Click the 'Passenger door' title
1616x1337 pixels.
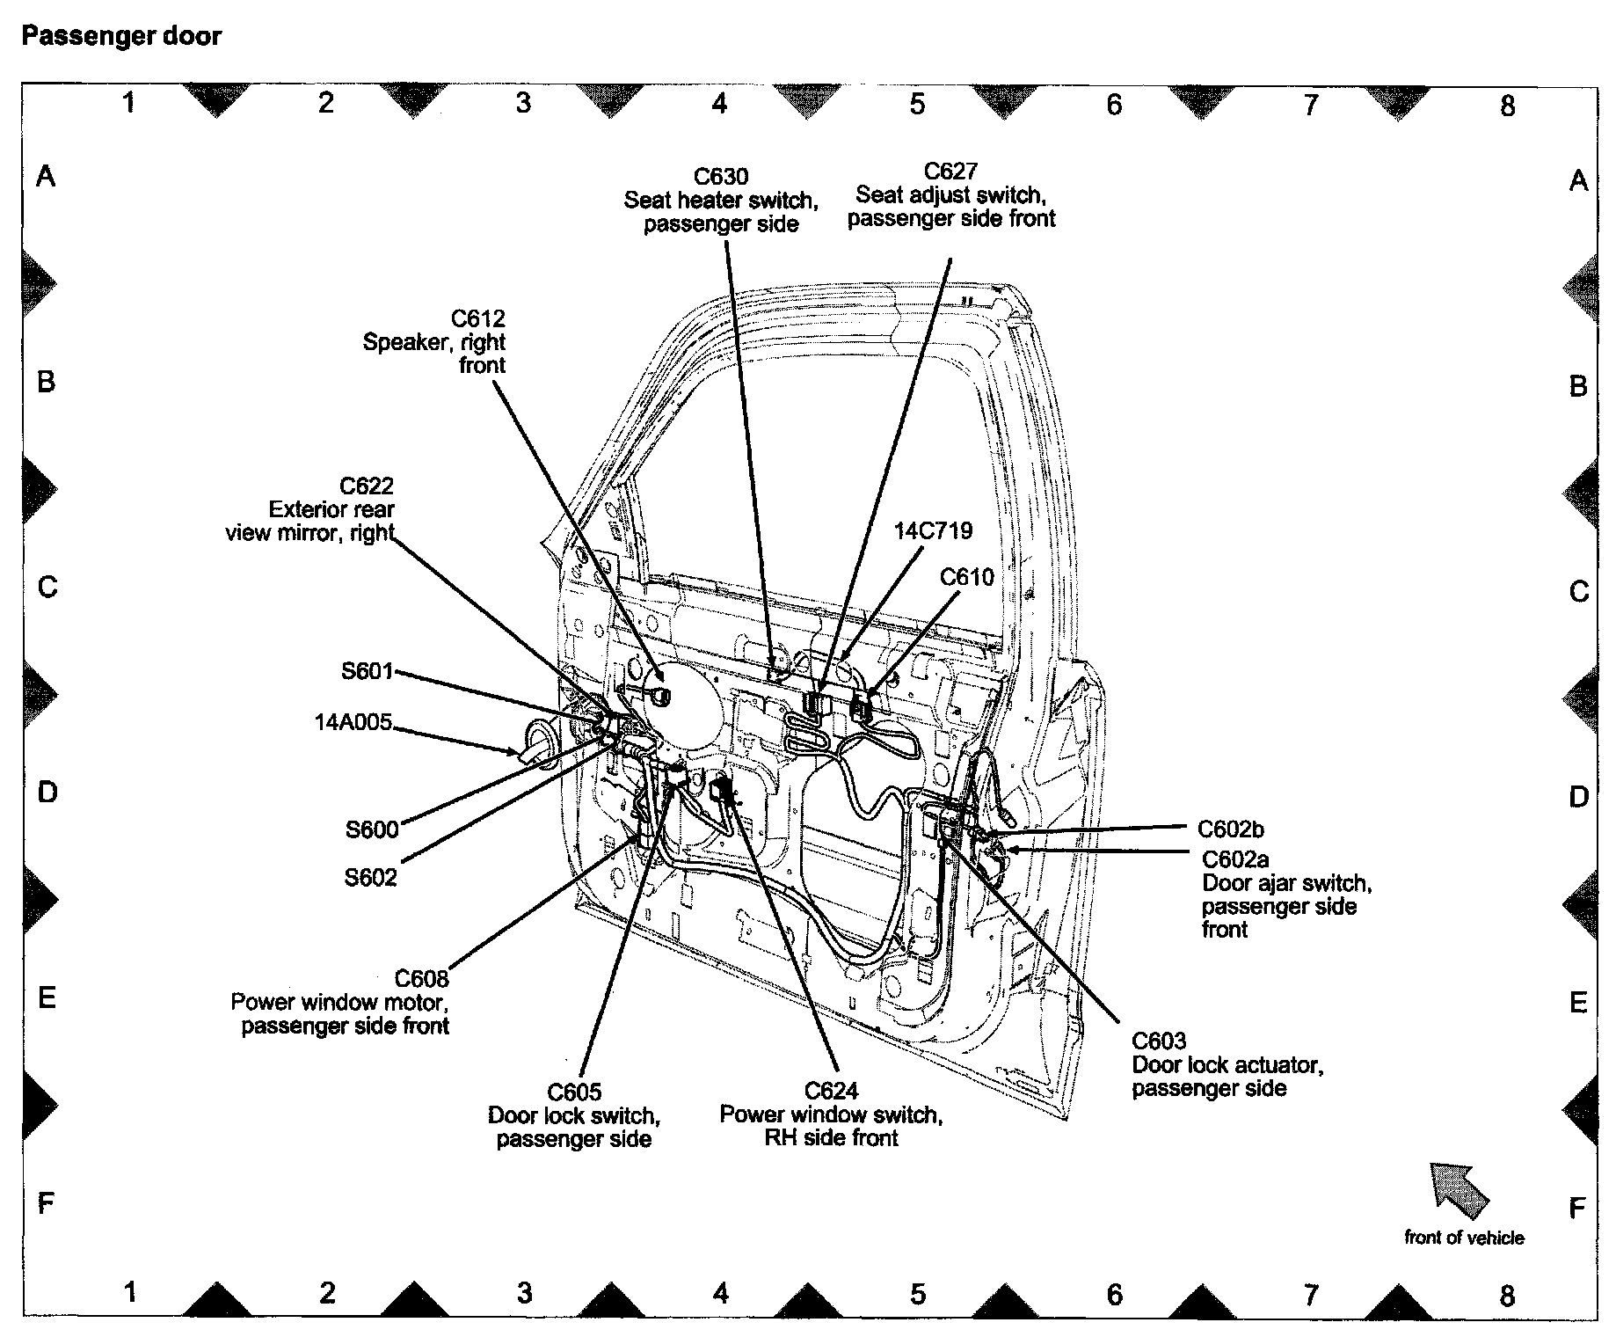[121, 37]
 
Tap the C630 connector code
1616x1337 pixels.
[721, 177]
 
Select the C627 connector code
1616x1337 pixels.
[950, 172]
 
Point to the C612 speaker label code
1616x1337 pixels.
[478, 318]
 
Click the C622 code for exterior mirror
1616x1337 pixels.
[367, 486]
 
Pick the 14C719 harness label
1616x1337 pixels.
[933, 531]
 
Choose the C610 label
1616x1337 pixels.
[966, 577]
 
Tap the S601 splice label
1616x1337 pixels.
[368, 672]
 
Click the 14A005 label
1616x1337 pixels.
[353, 723]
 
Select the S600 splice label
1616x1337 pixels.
[372, 829]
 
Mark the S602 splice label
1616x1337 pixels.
[370, 877]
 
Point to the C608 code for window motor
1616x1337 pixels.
[421, 979]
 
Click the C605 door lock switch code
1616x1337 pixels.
[574, 1092]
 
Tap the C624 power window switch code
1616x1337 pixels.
[831, 1092]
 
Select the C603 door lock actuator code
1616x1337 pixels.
[1159, 1041]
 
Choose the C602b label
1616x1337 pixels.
[1231, 829]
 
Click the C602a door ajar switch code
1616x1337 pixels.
[1235, 859]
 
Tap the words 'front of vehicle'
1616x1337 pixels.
[1464, 1238]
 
